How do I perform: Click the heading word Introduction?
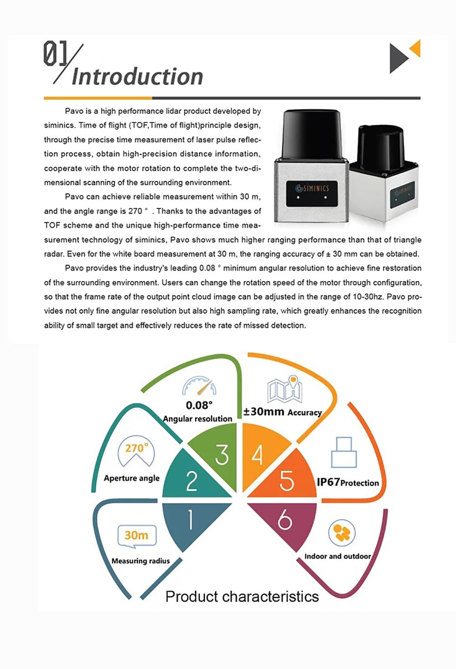(137, 77)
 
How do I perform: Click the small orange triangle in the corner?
(415, 48)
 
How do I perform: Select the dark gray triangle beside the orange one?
(398, 58)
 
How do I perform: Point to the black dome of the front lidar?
(311, 133)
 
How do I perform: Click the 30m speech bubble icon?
(136, 535)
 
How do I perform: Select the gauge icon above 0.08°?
(199, 386)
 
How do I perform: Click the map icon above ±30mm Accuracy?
(285, 389)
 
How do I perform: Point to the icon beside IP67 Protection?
(344, 452)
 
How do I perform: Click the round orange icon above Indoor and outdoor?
(342, 533)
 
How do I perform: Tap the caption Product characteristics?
(242, 596)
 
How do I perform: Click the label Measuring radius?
(140, 561)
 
